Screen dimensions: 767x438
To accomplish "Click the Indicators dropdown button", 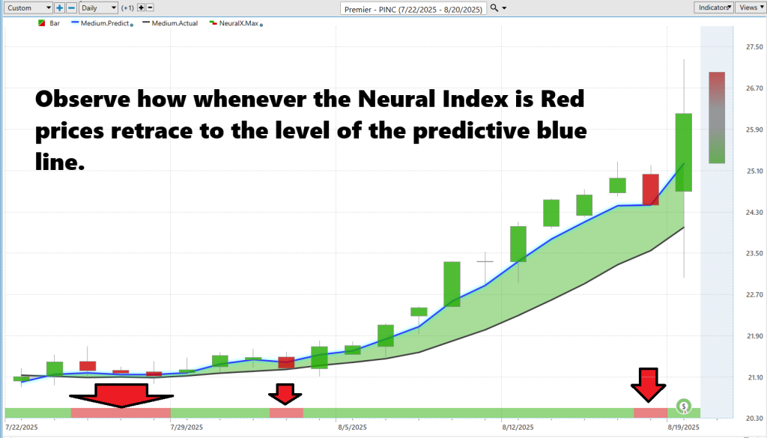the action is point(714,7).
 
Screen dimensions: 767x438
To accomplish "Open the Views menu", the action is point(751,7).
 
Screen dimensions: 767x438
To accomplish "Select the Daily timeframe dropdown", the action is point(98,7).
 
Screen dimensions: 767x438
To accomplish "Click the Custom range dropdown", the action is point(28,7).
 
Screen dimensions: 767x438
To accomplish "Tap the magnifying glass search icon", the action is point(494,7).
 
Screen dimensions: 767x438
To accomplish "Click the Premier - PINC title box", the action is point(413,9).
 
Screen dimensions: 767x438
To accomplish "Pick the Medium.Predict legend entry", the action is point(102,23).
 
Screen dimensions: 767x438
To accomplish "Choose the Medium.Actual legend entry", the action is point(170,23).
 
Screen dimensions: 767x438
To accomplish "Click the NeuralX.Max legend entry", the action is point(236,23).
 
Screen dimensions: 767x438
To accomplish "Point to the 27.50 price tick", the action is point(754,47).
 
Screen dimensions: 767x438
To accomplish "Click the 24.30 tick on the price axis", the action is point(754,212).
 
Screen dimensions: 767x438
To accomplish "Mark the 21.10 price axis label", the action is point(754,377).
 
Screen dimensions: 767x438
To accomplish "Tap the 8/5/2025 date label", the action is point(352,428).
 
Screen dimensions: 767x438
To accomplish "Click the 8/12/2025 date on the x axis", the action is point(518,428).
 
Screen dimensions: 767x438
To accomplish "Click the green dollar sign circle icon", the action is point(684,406).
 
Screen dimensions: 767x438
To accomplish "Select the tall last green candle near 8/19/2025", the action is point(684,152).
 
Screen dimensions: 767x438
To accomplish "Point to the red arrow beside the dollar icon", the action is point(648,385).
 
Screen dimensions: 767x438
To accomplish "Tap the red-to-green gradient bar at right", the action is point(717,118).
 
